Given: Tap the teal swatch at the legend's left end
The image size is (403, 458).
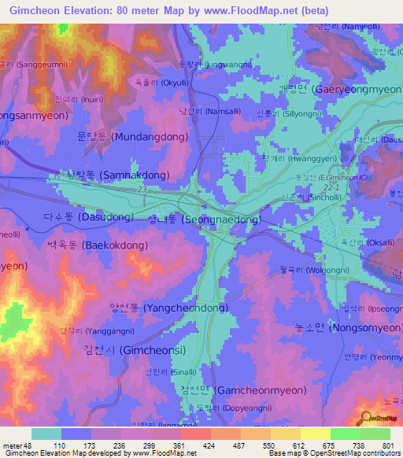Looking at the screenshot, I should pos(46,434).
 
